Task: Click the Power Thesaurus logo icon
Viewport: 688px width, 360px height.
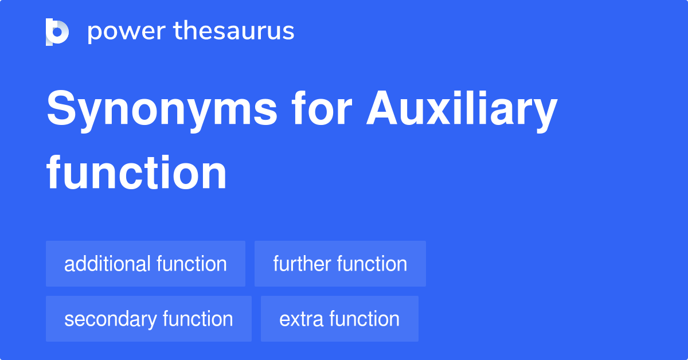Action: [57, 32]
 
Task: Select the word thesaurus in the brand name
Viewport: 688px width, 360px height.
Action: [234, 32]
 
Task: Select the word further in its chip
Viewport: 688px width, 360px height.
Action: [302, 264]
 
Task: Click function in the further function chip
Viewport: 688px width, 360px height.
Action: [372, 264]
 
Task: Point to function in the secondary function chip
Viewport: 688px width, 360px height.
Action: [198, 319]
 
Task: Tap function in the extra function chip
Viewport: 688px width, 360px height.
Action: [365, 319]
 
